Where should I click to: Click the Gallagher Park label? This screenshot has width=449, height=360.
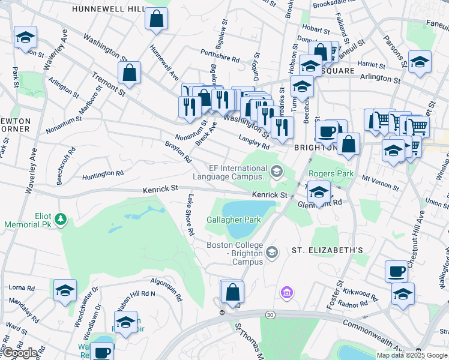tap(234, 220)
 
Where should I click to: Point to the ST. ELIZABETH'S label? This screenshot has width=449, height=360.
tap(328, 250)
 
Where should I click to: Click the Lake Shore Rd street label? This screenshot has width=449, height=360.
tap(190, 214)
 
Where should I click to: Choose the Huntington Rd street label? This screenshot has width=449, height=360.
tap(103, 174)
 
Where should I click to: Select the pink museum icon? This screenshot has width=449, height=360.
tap(287, 293)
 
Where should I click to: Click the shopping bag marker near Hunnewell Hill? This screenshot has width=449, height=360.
tap(156, 18)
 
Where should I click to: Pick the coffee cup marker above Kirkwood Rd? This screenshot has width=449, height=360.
tap(396, 271)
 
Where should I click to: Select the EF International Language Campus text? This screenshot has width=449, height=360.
tap(238, 172)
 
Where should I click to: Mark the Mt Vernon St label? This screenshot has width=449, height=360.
tap(380, 182)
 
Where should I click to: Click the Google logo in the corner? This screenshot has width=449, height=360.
tap(20, 353)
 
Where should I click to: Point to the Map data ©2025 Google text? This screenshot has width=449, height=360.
tap(411, 355)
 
